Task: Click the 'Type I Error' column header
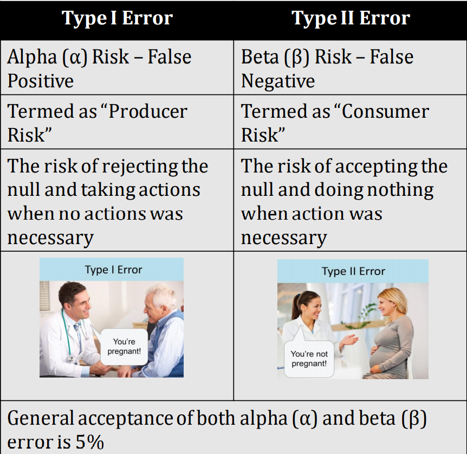pyautogui.click(x=117, y=19)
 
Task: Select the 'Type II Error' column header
pyautogui.click(x=351, y=19)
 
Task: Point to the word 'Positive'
pyautogui.click(x=41, y=81)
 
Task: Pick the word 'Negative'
pyautogui.click(x=278, y=81)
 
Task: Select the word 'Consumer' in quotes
pyautogui.click(x=384, y=112)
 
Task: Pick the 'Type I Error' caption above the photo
pyautogui.click(x=113, y=270)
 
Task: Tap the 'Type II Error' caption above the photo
pyautogui.click(x=353, y=271)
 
